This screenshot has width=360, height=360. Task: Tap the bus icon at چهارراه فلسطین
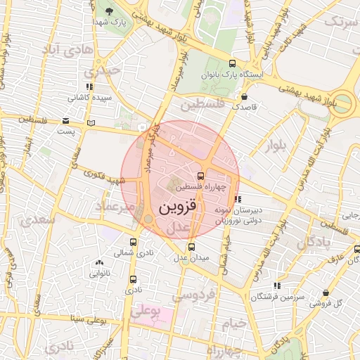click(201, 176)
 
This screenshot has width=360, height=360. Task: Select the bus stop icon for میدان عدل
click(192, 247)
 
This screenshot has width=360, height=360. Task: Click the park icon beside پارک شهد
click(110, 12)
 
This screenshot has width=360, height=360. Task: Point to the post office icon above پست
click(65, 120)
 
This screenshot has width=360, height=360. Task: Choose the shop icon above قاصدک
click(245, 97)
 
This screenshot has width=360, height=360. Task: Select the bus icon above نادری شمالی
click(133, 240)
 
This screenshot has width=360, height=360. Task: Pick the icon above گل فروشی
click(326, 292)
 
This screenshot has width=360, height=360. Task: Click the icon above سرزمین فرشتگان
click(277, 285)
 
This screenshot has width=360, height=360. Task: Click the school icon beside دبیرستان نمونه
click(238, 199)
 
